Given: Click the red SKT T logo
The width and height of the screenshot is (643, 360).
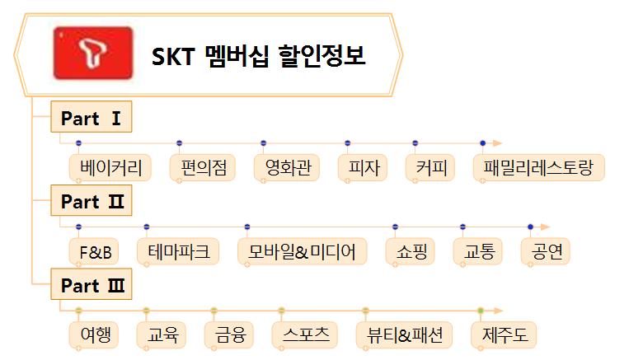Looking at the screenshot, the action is [x=93, y=53].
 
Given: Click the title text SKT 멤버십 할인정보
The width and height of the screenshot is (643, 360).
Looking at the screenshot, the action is [x=258, y=56].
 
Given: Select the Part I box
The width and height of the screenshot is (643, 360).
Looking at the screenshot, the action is [x=91, y=117].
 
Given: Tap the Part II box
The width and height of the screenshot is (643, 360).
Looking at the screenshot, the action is [x=91, y=200].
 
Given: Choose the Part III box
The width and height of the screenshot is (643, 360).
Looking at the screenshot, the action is [x=91, y=284].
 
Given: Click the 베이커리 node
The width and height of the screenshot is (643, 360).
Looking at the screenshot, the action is [x=110, y=168].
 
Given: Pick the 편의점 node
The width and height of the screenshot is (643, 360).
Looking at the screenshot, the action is [x=203, y=168].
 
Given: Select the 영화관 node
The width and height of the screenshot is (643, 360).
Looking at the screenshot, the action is [x=287, y=168].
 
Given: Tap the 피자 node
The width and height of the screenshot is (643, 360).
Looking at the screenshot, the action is [x=363, y=168].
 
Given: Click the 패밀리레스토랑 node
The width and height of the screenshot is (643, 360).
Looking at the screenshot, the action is [x=539, y=168].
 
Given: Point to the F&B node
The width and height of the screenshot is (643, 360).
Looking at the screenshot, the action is [x=94, y=251].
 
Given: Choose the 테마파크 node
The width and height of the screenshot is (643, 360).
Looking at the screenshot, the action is [x=178, y=251].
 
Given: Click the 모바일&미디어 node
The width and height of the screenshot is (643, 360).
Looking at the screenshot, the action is [x=303, y=251].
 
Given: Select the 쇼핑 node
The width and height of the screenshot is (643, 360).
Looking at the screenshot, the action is [x=411, y=251].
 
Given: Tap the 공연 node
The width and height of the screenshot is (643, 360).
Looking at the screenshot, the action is [x=546, y=251].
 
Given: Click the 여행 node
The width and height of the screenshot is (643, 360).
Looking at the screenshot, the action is [x=94, y=335].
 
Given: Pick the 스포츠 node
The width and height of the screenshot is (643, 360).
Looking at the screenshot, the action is [x=305, y=335].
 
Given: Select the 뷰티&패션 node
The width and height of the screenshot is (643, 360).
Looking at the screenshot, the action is [x=404, y=335].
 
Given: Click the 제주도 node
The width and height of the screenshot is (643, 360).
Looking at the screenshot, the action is [x=504, y=335].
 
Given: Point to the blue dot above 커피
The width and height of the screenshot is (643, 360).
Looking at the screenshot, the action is [x=415, y=143].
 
